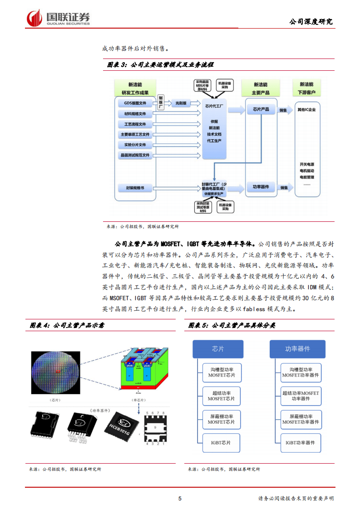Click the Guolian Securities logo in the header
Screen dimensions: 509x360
click(58, 18)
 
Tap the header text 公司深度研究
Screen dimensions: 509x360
click(311, 21)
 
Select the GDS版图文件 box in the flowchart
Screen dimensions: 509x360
click(135, 103)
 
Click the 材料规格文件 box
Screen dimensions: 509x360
click(135, 113)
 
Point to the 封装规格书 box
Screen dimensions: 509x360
click(135, 187)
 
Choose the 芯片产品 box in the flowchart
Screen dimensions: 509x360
click(261, 110)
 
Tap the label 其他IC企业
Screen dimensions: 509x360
click(307, 110)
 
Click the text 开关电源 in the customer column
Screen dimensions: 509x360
click(307, 164)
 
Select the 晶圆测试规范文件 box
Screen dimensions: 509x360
click(135, 155)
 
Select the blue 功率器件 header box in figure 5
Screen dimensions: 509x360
click(297, 349)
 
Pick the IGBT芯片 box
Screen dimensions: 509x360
click(221, 443)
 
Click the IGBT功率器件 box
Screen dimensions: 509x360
click(300, 442)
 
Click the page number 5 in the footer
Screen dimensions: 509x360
click(180, 499)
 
